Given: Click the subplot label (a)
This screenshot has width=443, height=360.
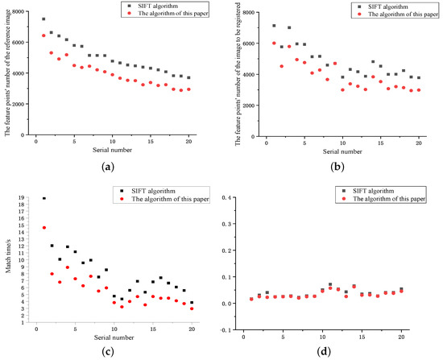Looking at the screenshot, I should point(108,164).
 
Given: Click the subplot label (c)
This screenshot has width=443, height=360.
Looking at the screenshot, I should point(108,350).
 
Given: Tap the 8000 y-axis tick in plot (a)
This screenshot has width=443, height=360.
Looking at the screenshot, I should point(18,12).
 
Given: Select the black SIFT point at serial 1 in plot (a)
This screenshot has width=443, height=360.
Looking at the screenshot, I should point(43,19).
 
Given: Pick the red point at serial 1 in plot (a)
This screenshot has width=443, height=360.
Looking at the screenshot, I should point(43,35).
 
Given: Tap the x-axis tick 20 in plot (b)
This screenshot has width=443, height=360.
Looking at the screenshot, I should point(419,145).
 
